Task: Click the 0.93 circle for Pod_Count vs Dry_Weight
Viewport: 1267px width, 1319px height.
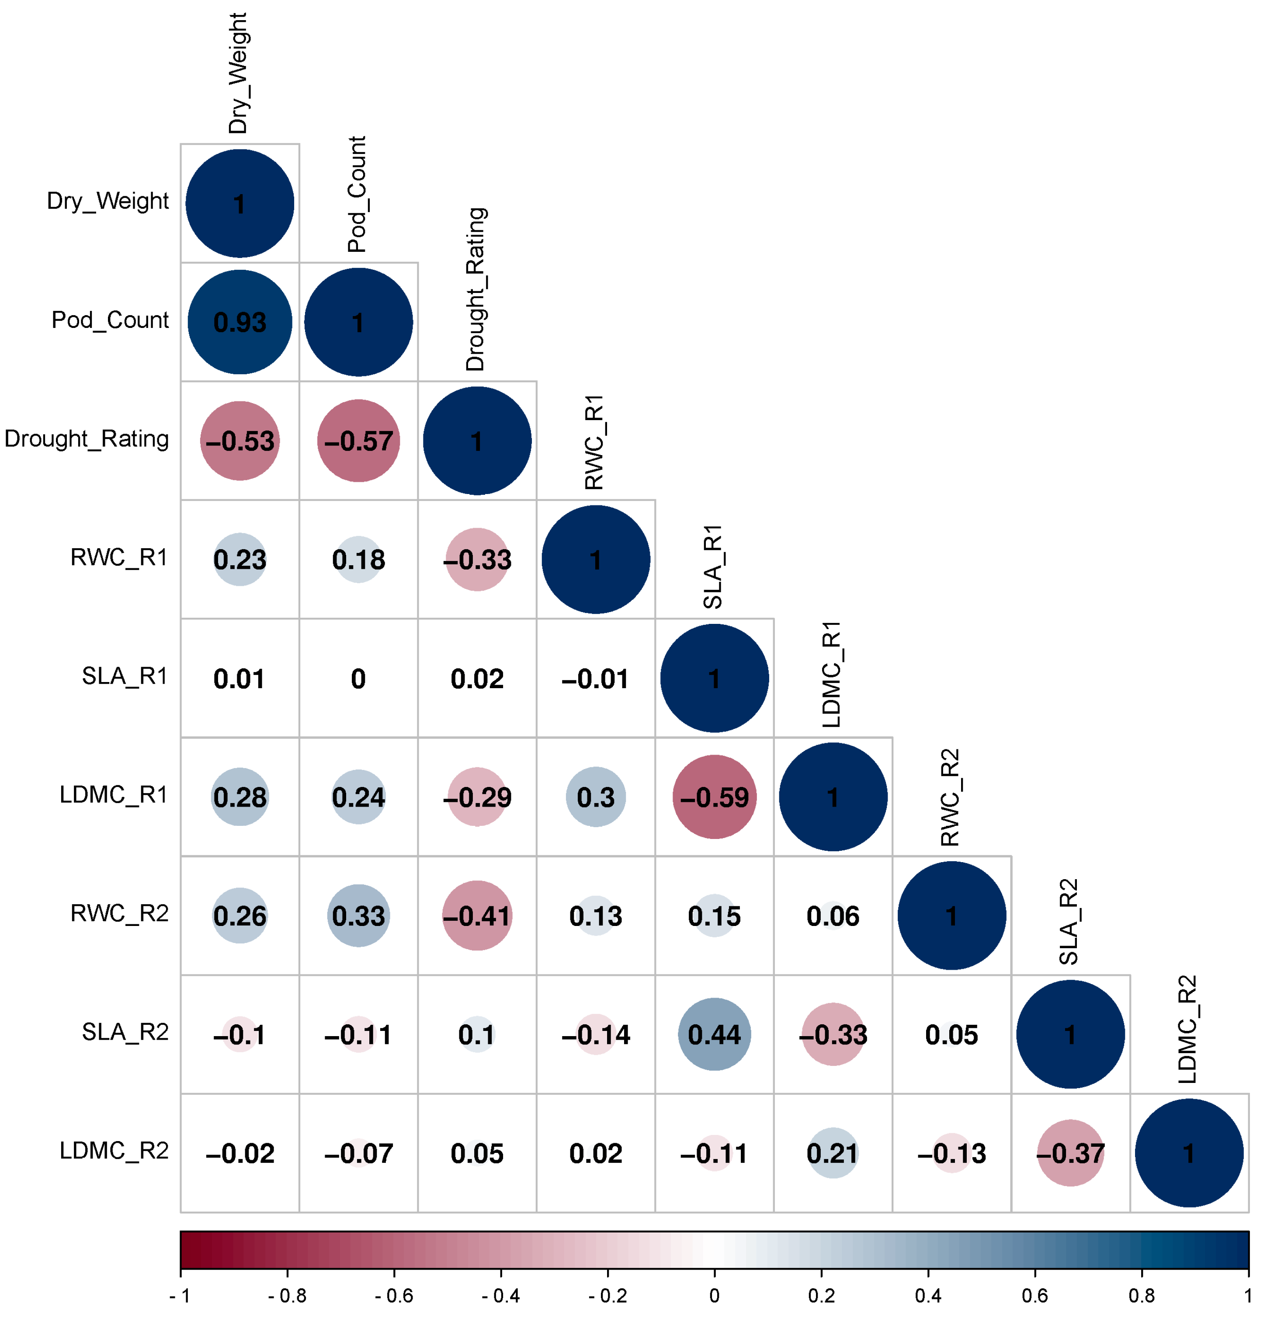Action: pos(240,322)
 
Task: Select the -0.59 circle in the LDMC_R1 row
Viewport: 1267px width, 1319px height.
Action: pos(715,797)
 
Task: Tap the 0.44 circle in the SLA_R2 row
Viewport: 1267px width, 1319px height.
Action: pos(715,1034)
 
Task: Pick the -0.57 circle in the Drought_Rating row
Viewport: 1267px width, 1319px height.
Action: pos(359,441)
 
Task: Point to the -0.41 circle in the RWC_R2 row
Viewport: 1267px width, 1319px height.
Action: pos(477,915)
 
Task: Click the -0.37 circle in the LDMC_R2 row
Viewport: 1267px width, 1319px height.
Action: pos(1070,1153)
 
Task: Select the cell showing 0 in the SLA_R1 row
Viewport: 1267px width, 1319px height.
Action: pos(359,679)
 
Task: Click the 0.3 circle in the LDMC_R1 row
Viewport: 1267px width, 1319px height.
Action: pos(596,797)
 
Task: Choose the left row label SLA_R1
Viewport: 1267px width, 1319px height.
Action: pos(125,675)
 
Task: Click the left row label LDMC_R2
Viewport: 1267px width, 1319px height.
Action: pos(115,1151)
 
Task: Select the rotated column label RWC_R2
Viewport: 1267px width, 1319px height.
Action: pos(950,797)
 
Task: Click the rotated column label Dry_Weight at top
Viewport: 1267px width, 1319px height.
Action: pos(238,73)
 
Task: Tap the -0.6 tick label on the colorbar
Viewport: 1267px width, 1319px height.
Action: pos(394,1295)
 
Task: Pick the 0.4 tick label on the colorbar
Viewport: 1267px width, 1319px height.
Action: pos(928,1295)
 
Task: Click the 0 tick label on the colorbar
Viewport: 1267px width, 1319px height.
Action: pos(715,1295)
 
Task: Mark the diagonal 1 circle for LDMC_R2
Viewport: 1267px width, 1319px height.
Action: pos(1189,1153)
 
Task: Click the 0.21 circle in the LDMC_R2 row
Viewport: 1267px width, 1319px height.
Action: pos(833,1153)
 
